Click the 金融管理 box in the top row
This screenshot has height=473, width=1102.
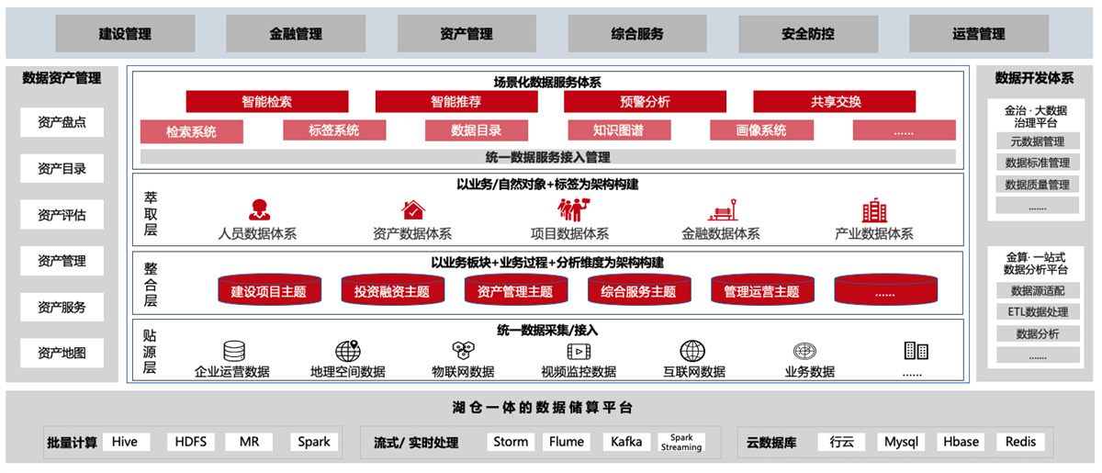(296, 34)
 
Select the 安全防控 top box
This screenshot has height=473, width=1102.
(808, 34)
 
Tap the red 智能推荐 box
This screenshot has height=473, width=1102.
(455, 101)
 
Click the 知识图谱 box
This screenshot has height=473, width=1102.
(618, 130)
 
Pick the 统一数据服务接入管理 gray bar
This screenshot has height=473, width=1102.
(547, 157)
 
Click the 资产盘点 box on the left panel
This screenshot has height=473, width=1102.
(62, 123)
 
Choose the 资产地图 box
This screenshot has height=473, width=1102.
(62, 353)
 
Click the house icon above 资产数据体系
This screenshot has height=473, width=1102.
(412, 210)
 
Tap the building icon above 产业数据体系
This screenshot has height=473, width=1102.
(874, 210)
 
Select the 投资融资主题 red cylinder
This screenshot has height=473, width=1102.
(391, 291)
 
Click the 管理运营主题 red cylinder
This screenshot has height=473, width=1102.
(761, 291)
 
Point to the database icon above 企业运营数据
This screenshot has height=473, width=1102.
(233, 351)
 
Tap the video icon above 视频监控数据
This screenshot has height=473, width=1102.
(579, 351)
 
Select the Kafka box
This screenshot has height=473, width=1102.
(626, 442)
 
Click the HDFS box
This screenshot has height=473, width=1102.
(192, 442)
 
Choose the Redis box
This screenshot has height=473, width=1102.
(1020, 442)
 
